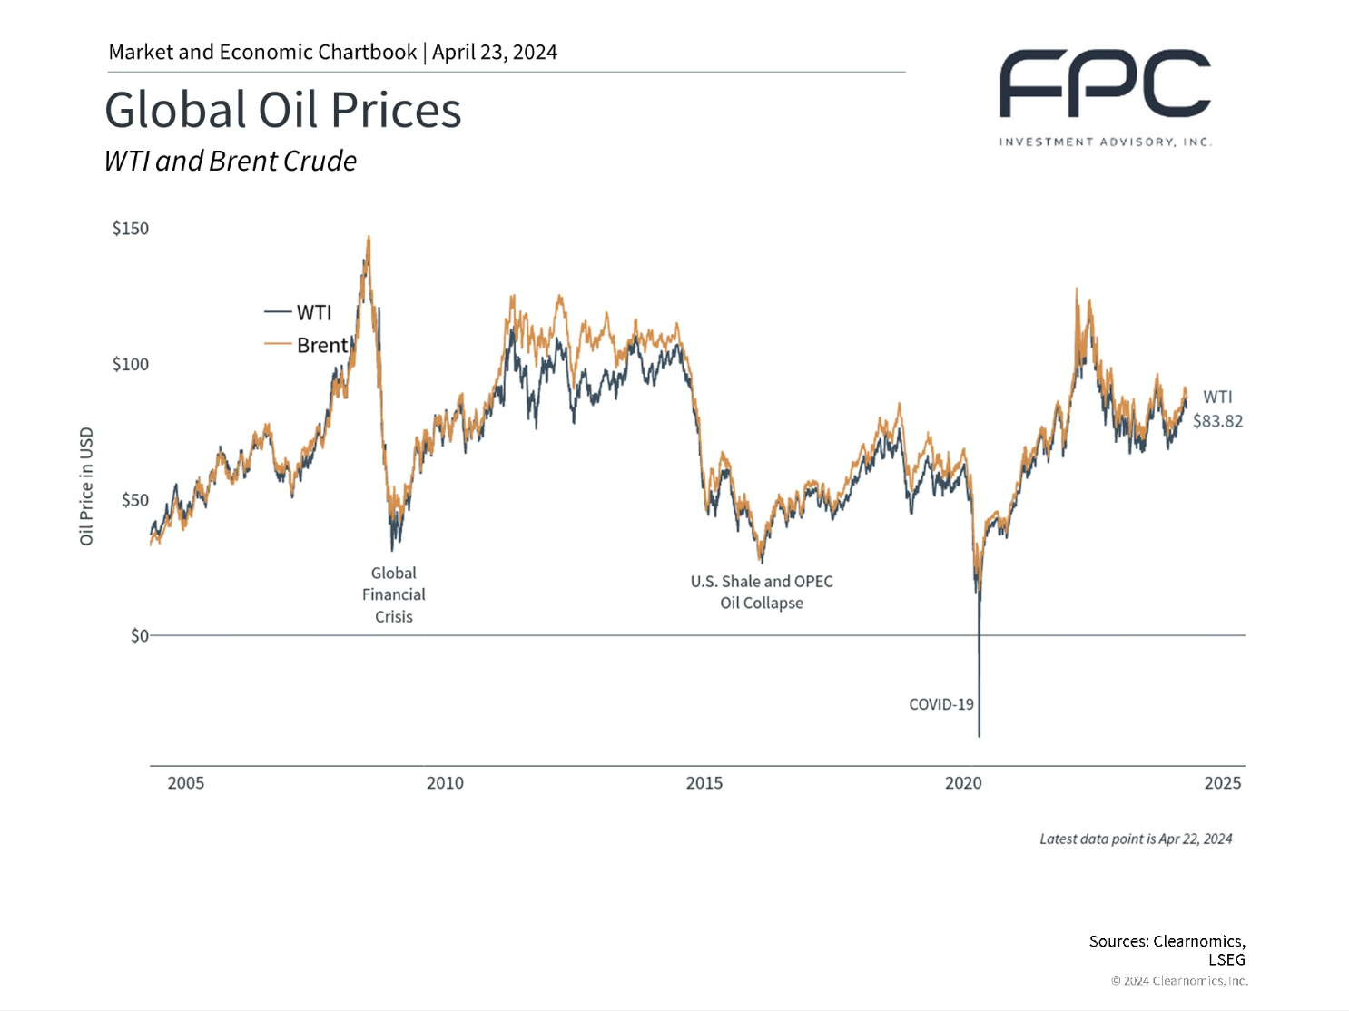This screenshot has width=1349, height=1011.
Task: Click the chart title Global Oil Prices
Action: pos(282,110)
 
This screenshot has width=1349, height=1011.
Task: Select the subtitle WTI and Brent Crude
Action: pos(230,161)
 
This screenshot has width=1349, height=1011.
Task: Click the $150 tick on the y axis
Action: pos(130,229)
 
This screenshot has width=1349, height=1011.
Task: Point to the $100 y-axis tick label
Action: pos(130,365)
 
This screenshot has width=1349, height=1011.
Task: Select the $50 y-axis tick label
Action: pos(133,500)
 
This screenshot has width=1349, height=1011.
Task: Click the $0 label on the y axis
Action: pos(139,636)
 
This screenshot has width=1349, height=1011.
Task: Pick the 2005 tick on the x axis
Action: pos(185,783)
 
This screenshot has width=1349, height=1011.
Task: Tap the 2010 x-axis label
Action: pos(445,783)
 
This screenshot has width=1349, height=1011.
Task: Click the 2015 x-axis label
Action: pos(704,783)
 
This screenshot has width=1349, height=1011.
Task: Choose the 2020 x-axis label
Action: pos(963,783)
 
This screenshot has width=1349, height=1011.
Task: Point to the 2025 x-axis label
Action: pos(1222,783)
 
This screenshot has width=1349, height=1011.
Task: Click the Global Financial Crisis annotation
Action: pos(393,595)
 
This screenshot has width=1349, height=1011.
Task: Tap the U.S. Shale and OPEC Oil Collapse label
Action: pos(761,593)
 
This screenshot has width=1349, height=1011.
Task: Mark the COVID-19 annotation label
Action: pos(940,704)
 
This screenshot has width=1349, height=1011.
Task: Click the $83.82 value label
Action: pos(1217,421)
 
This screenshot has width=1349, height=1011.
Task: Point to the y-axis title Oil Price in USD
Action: pos(86,486)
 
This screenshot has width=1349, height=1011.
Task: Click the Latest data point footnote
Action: pos(1135,839)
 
